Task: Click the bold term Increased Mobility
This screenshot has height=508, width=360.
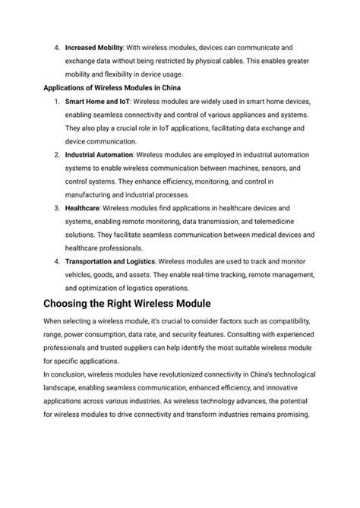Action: click(x=93, y=46)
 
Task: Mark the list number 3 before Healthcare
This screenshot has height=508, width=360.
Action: click(x=57, y=207)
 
